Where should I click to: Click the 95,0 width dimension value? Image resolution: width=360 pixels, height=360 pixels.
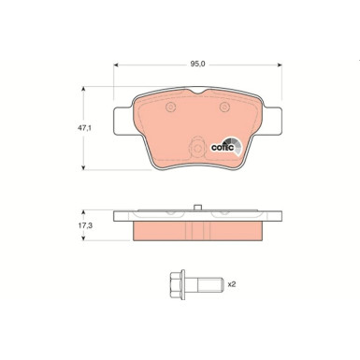[196, 64]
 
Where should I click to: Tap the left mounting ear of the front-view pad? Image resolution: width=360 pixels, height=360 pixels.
[120, 121]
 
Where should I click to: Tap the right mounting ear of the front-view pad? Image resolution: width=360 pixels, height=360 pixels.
[273, 121]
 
